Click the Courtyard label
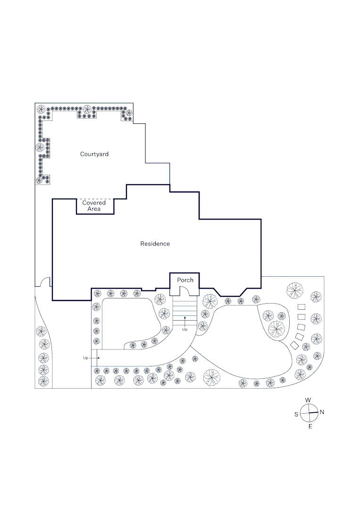click(x=94, y=154)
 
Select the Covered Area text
click(x=94, y=205)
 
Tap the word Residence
click(x=155, y=244)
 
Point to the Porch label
click(x=185, y=280)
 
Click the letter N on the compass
click(x=322, y=412)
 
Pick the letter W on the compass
click(x=308, y=400)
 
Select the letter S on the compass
click(x=296, y=414)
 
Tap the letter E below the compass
click(x=310, y=426)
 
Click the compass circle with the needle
click(x=309, y=413)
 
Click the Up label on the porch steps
click(x=185, y=329)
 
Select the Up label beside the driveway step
click(x=85, y=358)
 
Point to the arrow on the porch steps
click(x=185, y=320)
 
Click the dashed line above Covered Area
click(x=96, y=199)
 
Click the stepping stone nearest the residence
click(x=301, y=307)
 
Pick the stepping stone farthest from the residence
click(x=294, y=345)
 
